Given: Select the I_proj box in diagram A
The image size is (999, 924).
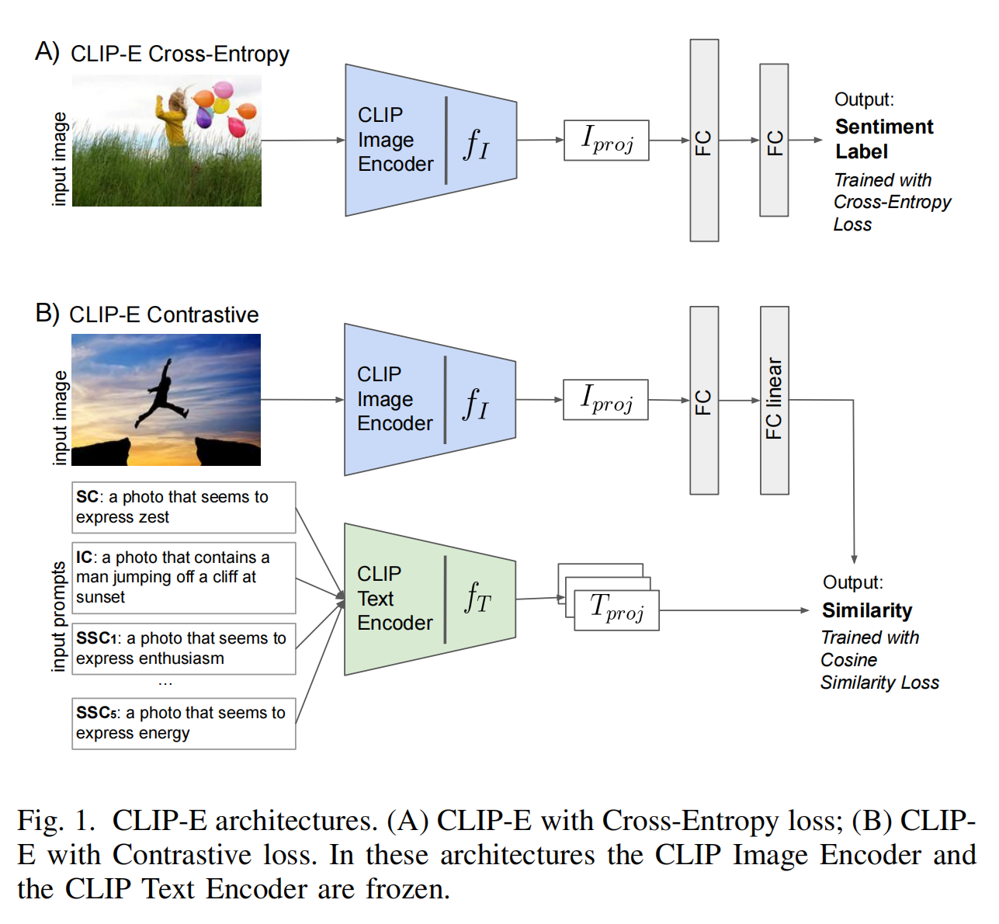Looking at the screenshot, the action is tap(606, 140).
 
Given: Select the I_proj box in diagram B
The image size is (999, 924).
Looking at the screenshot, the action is tap(605, 400).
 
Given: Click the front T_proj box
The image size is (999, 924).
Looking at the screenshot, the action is tap(616, 610).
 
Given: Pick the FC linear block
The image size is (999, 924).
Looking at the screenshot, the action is tap(774, 400).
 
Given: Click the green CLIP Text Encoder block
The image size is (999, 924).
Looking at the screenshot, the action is tap(430, 599).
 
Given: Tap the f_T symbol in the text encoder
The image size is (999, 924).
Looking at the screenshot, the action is tap(477, 598).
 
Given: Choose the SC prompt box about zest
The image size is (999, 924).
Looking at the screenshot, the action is tap(184, 507).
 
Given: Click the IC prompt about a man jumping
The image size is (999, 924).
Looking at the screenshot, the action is tap(184, 578).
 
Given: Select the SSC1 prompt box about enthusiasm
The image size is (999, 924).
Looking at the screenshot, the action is tap(184, 648).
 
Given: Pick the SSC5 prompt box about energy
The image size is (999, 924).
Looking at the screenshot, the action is tap(184, 724).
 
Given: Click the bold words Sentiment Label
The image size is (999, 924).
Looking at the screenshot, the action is tap(884, 139).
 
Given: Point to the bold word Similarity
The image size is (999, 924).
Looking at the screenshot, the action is tap(867, 610).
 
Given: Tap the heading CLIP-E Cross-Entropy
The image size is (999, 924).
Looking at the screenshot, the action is tap(179, 54).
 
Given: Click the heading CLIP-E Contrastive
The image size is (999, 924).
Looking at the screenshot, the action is tap(164, 314).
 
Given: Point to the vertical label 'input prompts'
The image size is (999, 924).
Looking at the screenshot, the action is tap(58, 617).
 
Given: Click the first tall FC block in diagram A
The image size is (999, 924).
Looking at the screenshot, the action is tap(704, 141).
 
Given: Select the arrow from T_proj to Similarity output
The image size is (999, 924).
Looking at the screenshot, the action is tap(734, 610).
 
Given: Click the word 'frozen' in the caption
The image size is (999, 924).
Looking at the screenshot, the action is tap(407, 888).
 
